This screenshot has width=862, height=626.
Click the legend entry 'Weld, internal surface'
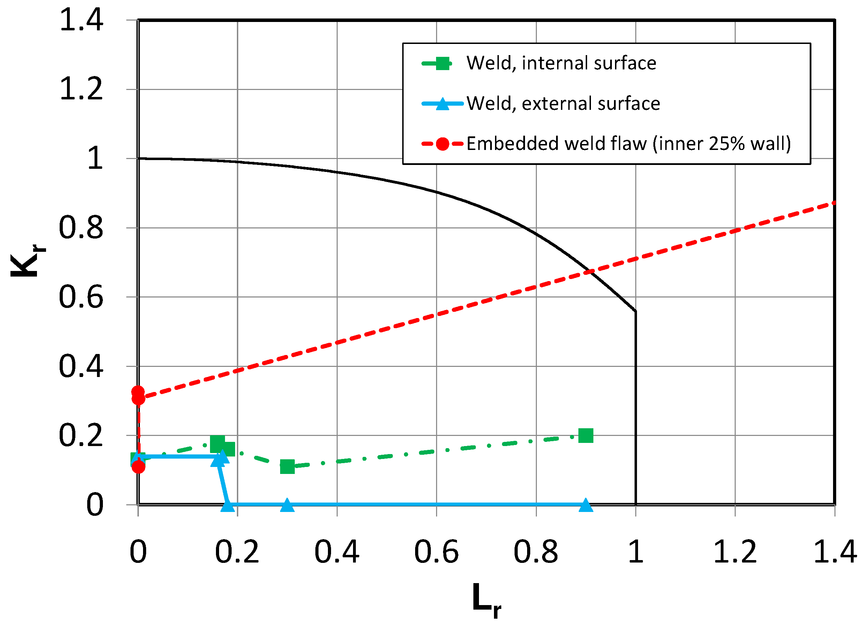point(561,63)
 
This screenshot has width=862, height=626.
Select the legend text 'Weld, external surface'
point(563,103)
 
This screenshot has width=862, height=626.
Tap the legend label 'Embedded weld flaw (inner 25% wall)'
point(628,144)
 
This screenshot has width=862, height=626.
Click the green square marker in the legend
point(442,63)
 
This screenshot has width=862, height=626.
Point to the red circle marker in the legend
point(442,144)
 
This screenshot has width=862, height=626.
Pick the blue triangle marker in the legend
point(442,103)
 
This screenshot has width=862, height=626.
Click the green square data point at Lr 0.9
point(586,436)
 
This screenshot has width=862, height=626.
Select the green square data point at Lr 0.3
point(287,467)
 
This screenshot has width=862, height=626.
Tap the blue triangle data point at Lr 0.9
point(586,506)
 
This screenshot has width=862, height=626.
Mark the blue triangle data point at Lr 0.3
point(287,506)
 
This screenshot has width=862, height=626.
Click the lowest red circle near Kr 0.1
point(138,467)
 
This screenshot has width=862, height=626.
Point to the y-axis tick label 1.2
point(81,89)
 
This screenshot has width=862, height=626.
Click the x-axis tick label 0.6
point(436,552)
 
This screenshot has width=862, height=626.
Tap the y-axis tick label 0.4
point(81,366)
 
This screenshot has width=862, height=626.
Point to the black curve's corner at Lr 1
point(636,311)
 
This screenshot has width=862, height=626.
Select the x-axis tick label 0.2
point(237,552)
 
